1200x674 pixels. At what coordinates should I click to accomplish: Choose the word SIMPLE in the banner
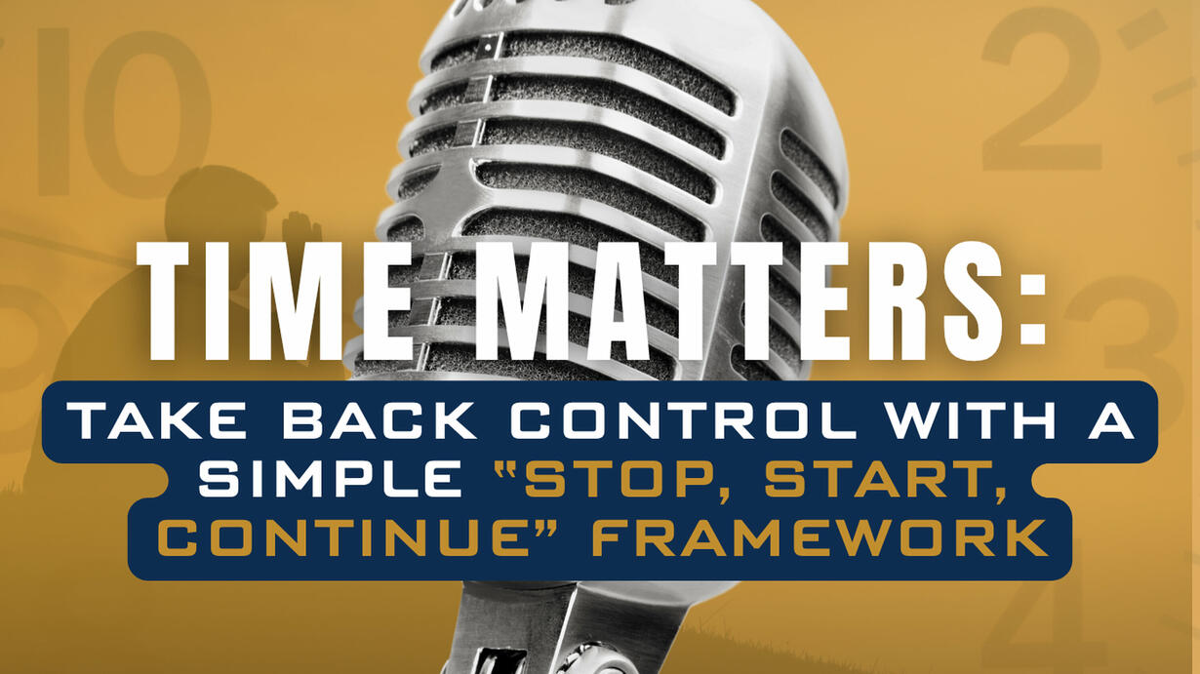[x=331, y=479]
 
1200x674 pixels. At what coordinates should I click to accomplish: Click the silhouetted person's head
[x=219, y=206]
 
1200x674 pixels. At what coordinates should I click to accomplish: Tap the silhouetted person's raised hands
[x=301, y=230]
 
